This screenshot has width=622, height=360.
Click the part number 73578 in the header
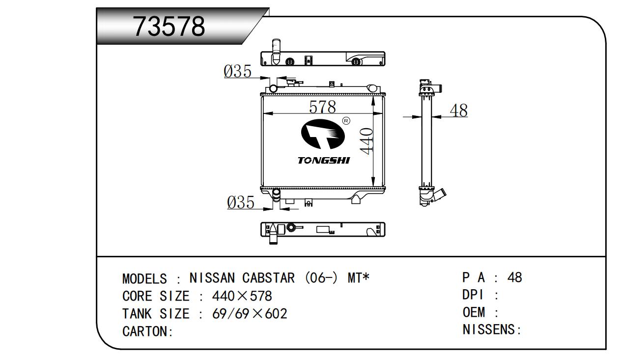pyautogui.click(x=170, y=27)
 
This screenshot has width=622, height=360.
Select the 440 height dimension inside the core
pyautogui.click(x=367, y=141)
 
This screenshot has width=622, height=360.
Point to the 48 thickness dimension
pyautogui.click(x=458, y=111)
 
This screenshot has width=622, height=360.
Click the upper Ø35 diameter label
pyautogui.click(x=237, y=72)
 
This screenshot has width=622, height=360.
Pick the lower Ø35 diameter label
pyautogui.click(x=241, y=202)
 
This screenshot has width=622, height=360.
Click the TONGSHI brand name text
pyautogui.click(x=324, y=161)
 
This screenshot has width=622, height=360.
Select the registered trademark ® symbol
pyautogui.click(x=346, y=121)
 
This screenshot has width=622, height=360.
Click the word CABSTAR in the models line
pyautogui.click(x=268, y=278)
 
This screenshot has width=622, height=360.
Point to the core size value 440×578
pyautogui.click(x=242, y=296)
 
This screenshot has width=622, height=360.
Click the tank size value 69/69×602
pyautogui.click(x=249, y=314)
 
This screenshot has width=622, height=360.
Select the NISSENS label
pyautogui.click(x=491, y=330)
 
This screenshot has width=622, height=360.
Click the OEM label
pyautogui.click(x=474, y=312)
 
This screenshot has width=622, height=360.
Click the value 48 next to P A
pyautogui.click(x=514, y=277)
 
